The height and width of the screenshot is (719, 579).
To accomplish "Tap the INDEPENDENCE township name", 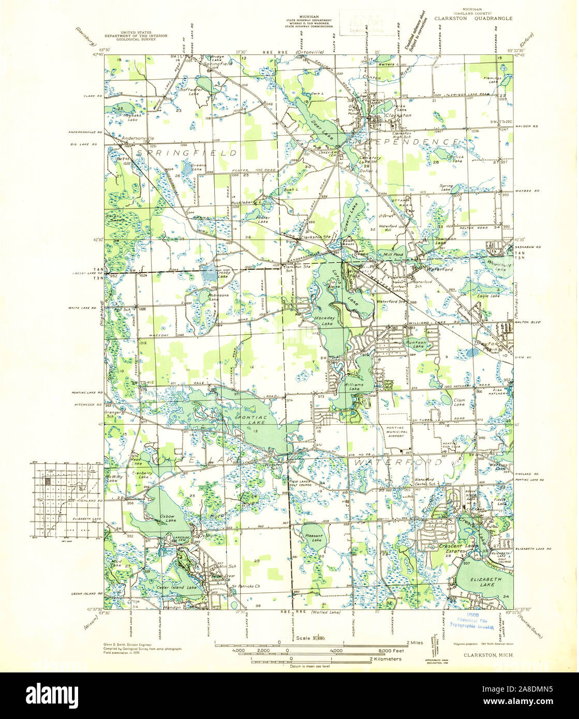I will click(406, 141).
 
